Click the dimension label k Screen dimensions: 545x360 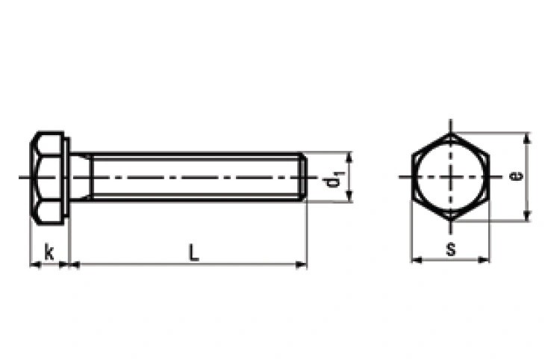[x=49, y=252]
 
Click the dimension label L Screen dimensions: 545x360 [x=193, y=252]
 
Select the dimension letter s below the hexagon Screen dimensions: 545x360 [x=451, y=249]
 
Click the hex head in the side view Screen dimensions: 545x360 [x=47, y=178]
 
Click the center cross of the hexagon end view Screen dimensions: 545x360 [x=451, y=177]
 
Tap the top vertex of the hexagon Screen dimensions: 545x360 [x=451, y=133]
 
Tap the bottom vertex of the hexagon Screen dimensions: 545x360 [x=451, y=220]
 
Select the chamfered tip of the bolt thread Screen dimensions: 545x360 [x=303, y=177]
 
